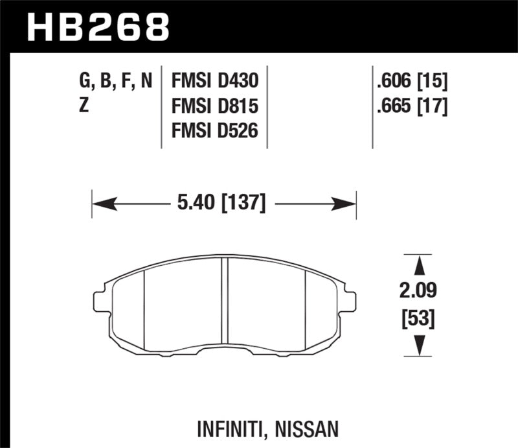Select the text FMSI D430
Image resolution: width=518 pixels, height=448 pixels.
click(x=214, y=82)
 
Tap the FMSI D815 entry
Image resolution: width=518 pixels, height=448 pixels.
click(x=214, y=106)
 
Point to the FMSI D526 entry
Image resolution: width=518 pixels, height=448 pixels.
click(x=214, y=131)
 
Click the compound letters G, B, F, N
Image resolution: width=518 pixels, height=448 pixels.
click(x=116, y=82)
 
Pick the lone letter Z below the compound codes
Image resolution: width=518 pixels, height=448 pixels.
click(x=84, y=106)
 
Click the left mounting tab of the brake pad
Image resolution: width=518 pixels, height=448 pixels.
click(x=99, y=301)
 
